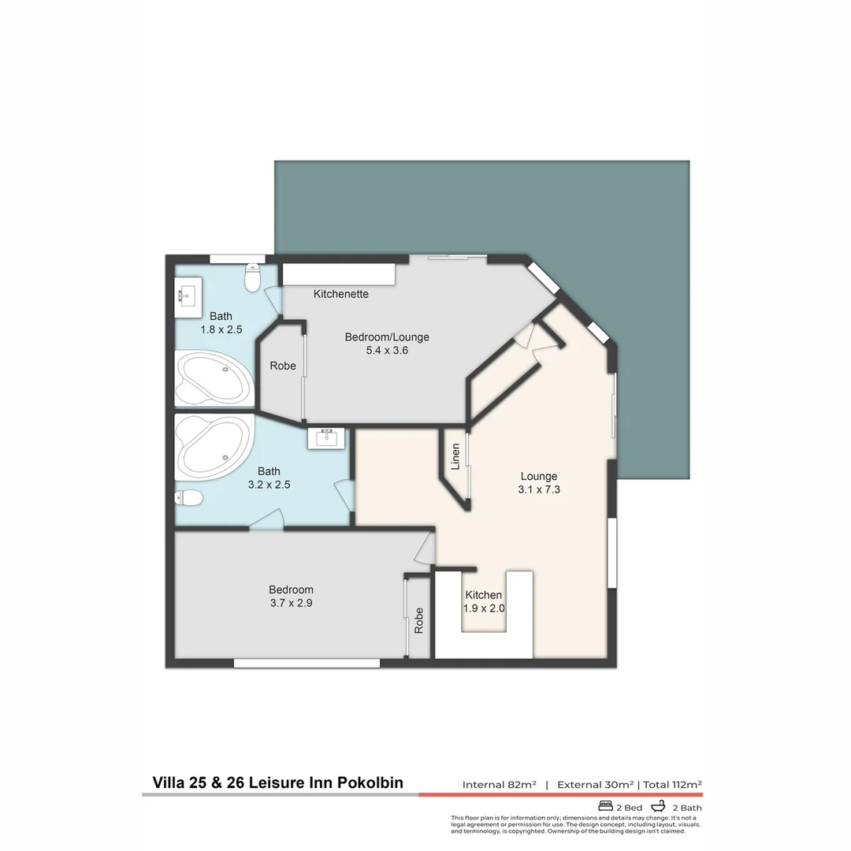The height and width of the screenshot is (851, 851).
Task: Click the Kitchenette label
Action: click(x=341, y=294)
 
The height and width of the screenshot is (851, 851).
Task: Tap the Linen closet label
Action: click(x=455, y=457)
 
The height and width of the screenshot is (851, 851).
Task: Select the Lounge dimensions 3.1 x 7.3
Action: click(x=539, y=489)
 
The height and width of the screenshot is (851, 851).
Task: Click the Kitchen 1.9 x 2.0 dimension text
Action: click(x=484, y=608)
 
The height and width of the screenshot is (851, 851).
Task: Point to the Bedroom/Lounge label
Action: click(x=387, y=337)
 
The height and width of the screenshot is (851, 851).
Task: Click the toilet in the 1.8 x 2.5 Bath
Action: click(x=253, y=277)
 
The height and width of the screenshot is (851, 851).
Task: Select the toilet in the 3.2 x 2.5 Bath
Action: click(x=188, y=497)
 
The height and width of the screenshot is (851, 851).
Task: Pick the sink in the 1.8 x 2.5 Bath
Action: click(x=187, y=296)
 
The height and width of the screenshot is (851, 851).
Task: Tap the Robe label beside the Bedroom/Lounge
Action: click(x=283, y=366)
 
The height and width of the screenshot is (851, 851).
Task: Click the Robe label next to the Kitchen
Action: click(x=418, y=620)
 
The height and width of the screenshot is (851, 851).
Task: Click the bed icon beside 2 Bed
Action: click(x=606, y=807)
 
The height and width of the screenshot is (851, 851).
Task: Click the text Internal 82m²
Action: click(x=500, y=785)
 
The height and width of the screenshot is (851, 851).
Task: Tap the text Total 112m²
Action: click(x=672, y=785)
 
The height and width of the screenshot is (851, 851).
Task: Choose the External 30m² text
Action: click(x=596, y=785)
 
